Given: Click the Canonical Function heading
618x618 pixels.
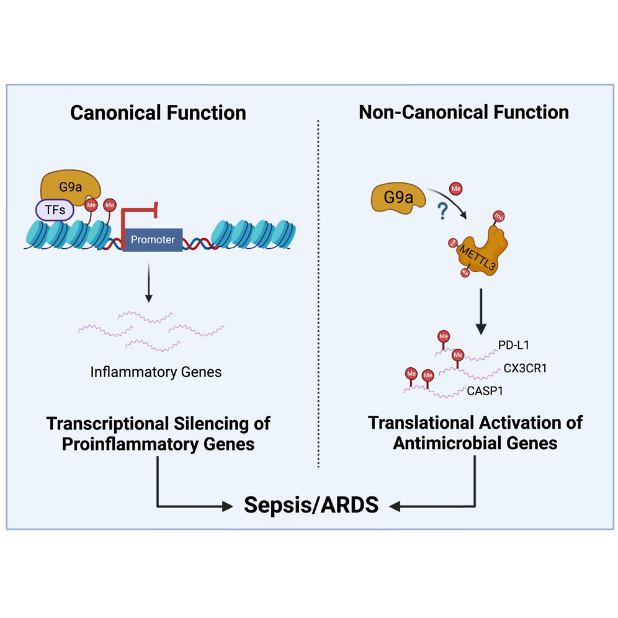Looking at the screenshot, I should pyautogui.click(x=158, y=112).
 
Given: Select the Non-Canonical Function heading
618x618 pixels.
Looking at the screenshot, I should pyautogui.click(x=464, y=112).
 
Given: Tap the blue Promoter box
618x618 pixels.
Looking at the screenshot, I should pyautogui.click(x=153, y=239).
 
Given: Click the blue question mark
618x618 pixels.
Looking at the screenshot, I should pyautogui.click(x=441, y=212).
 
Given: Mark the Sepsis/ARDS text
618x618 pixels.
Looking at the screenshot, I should pyautogui.click(x=311, y=505).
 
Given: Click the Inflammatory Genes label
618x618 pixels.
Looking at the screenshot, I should pyautogui.click(x=156, y=372).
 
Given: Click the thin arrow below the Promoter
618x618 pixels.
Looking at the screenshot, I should pyautogui.click(x=148, y=282).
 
